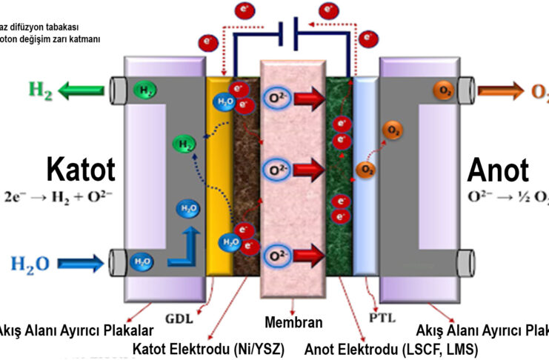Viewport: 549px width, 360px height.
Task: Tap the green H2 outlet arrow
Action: [82, 91]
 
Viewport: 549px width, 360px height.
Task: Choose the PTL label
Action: [383, 319]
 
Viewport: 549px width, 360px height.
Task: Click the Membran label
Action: [293, 322]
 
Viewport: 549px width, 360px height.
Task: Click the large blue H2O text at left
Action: [30, 262]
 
